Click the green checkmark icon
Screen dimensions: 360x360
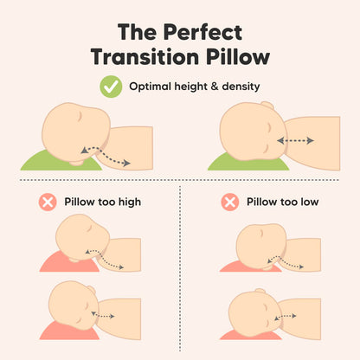point(110,87)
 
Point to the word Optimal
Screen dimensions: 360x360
point(150,87)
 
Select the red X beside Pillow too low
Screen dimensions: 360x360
point(229,202)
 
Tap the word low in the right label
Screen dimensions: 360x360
point(309,202)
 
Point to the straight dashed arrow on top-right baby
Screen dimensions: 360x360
point(296,140)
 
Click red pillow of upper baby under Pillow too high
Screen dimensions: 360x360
point(54,261)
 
